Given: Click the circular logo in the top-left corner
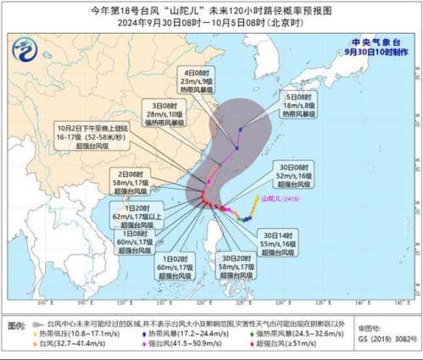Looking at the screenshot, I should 25,50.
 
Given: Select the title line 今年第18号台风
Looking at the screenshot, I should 211,9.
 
